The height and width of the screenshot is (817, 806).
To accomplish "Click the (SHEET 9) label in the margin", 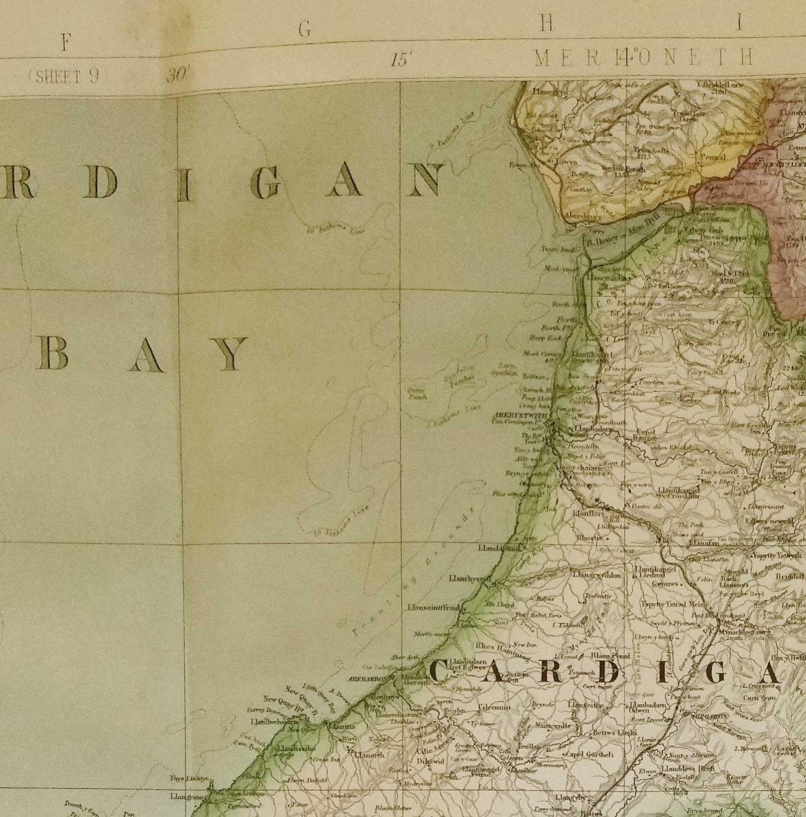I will (64, 77).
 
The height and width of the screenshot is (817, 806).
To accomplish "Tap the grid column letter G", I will (305, 31).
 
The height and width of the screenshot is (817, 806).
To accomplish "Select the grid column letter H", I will (547, 23).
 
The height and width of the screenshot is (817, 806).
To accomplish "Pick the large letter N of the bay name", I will (423, 180).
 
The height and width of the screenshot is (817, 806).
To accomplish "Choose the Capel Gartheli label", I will (587, 754).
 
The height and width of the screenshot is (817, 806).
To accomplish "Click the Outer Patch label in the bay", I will (417, 393).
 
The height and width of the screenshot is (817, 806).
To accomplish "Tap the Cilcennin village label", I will (494, 708).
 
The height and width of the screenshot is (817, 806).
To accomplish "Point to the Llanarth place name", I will (369, 755).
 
